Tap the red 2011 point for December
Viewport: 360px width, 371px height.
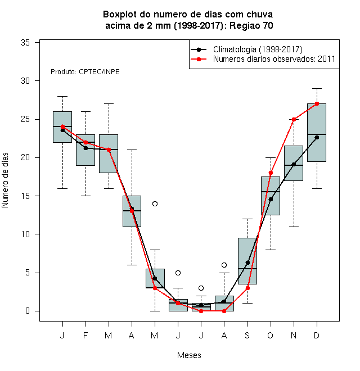(317, 103)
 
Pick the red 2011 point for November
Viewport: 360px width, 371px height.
(294, 119)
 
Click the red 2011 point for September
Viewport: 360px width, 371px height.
(247, 288)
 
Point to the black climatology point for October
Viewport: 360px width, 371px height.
(271, 199)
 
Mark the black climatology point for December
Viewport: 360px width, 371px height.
(317, 138)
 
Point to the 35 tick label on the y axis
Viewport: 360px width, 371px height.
(25, 43)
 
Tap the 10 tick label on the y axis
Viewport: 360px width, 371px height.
(25, 234)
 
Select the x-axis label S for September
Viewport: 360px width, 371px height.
(247, 336)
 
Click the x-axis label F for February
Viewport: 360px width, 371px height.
(85, 336)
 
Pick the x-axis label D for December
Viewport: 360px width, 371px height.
(317, 336)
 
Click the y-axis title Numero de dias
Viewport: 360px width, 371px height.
(5, 180)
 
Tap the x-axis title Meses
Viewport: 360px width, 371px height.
(189, 355)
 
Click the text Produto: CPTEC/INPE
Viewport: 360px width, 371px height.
(85, 72)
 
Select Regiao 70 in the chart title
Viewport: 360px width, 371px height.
(251, 25)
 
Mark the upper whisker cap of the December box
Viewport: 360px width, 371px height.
(317, 88)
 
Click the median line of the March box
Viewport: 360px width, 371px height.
(109, 150)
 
